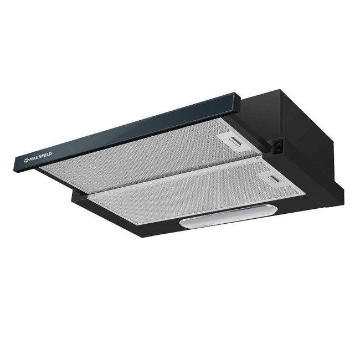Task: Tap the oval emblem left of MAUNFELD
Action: coord(25,161)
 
